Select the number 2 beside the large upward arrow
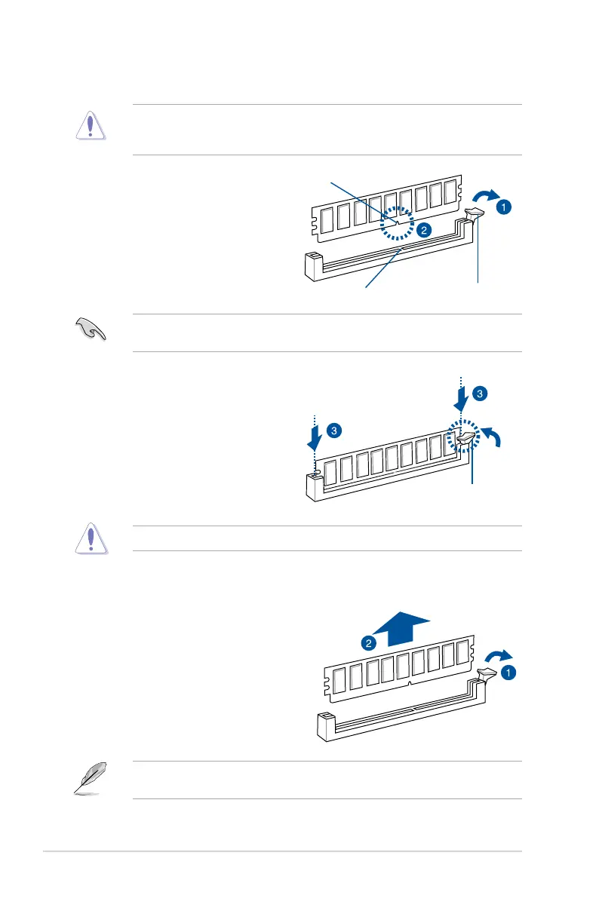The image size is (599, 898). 369,643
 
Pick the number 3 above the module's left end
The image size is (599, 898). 334,431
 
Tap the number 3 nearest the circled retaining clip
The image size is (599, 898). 480,393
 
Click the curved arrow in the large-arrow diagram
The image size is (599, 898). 498,654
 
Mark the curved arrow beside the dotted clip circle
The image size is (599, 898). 492,438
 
